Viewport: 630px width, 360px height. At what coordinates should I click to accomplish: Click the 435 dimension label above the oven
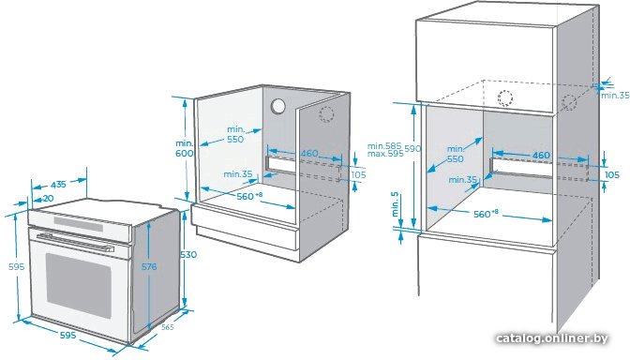[58, 185]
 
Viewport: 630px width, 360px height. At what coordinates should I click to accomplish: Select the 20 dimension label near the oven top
[48, 198]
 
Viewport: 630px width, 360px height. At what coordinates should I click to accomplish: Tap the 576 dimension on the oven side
[149, 266]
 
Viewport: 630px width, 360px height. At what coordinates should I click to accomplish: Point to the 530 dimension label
[188, 254]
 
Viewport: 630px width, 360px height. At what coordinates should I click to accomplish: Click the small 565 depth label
[167, 327]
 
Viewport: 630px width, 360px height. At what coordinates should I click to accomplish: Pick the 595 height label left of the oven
[17, 266]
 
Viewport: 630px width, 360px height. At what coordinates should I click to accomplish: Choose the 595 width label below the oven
[67, 335]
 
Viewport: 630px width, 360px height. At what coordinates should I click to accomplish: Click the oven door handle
[75, 242]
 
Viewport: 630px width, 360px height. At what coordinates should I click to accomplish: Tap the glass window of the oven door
[79, 285]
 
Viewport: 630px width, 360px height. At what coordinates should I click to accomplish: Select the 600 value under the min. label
[184, 153]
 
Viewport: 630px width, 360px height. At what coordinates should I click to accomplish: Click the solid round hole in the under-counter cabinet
[277, 107]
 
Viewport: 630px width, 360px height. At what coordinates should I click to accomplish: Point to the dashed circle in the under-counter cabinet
[326, 114]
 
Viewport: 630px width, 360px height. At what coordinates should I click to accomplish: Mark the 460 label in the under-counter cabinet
[309, 153]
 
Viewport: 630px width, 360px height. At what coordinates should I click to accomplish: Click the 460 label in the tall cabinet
[541, 155]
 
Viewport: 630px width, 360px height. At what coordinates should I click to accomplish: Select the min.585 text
[384, 146]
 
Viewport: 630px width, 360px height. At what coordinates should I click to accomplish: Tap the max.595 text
[385, 154]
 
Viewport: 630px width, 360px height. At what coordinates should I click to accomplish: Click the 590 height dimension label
[412, 148]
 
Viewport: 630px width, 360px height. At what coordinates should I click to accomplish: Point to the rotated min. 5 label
[396, 204]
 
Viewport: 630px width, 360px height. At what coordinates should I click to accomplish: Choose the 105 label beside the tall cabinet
[612, 174]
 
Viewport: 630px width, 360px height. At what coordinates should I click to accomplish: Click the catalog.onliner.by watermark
[551, 338]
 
